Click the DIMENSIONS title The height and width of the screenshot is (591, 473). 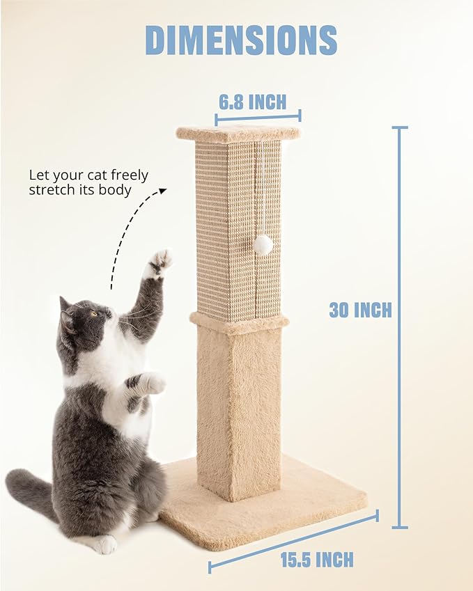tap(241, 40)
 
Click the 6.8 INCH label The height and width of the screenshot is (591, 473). tap(252, 102)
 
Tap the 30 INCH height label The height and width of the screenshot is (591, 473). tap(360, 310)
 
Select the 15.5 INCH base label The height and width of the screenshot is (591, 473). tap(317, 559)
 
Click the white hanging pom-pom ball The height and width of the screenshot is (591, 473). tap(263, 244)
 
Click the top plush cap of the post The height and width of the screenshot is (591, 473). tap(238, 133)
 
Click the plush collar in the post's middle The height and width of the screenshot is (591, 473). tap(239, 322)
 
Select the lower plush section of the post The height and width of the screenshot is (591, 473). tap(238, 411)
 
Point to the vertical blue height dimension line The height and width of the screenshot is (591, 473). tap(399, 327)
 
